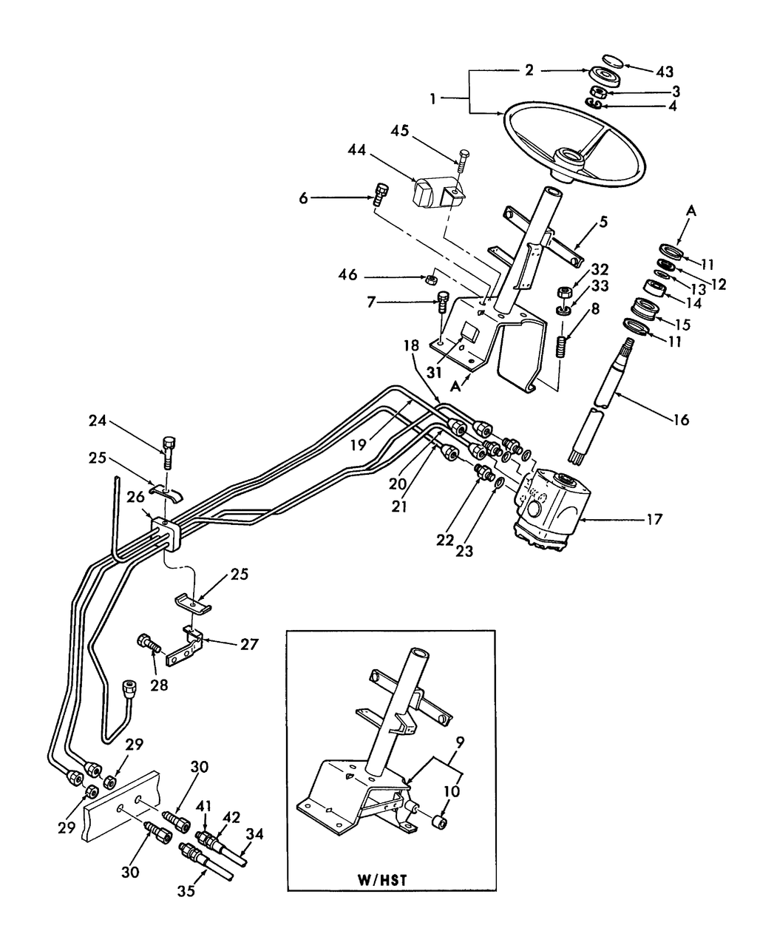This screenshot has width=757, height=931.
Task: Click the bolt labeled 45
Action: [x=462, y=158]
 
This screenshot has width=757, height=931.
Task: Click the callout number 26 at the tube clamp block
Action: [x=136, y=497]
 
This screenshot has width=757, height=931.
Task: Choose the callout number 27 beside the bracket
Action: [x=249, y=644]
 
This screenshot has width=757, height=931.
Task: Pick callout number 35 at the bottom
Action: [x=186, y=891]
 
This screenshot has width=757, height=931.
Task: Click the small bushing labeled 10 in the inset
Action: [x=442, y=822]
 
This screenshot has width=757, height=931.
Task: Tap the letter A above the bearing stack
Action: [x=692, y=211]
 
